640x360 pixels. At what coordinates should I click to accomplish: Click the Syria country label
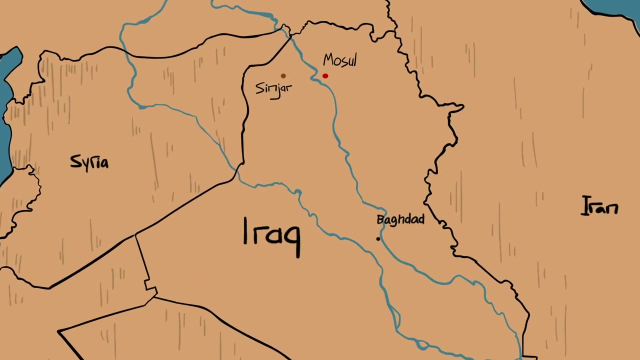89,162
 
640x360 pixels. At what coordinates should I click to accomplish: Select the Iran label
600,206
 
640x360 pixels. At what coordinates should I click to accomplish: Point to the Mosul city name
340,60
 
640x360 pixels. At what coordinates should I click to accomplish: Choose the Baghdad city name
400,219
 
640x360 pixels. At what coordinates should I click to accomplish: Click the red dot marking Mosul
325,76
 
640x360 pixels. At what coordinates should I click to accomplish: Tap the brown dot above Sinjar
283,76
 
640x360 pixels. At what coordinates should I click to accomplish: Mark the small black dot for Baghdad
378,238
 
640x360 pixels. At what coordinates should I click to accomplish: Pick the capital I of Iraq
245,230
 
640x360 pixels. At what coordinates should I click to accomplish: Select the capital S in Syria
75,161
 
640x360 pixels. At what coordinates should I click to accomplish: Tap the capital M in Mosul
328,60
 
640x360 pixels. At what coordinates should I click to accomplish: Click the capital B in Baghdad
380,219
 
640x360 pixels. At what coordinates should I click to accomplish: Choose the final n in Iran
612,208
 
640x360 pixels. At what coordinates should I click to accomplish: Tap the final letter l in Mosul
354,59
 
